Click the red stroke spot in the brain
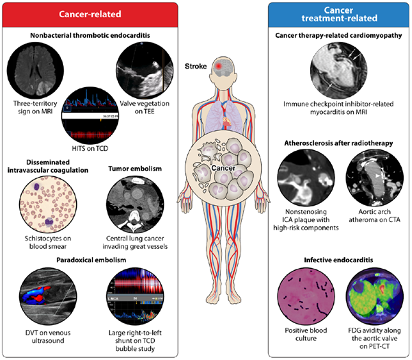click(217, 67)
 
